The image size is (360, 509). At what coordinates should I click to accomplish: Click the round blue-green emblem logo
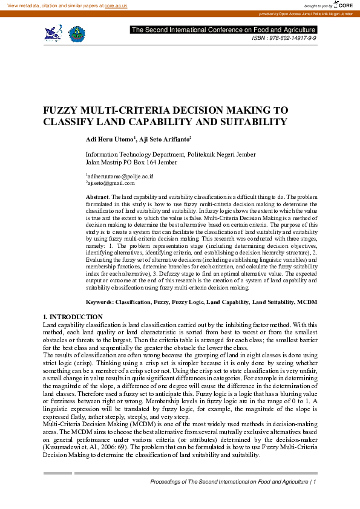(76, 33)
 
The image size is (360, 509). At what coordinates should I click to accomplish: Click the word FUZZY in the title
(62, 111)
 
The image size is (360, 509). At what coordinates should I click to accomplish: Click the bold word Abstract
(97, 197)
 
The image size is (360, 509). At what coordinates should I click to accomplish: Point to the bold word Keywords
(99, 300)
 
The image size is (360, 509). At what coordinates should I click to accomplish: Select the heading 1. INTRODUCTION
(73, 317)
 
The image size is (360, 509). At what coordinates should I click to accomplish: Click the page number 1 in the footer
(315, 482)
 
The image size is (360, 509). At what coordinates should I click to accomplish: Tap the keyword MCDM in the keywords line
(308, 300)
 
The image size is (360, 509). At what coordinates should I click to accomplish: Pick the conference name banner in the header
(223, 30)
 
